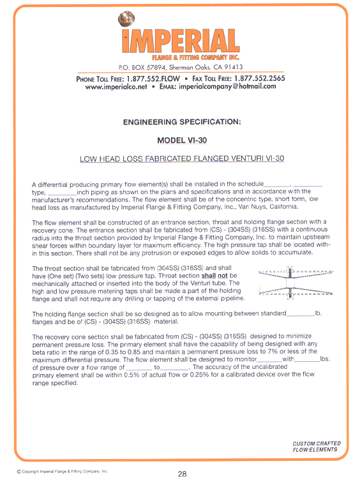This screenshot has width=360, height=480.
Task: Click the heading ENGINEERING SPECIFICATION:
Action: [181, 121]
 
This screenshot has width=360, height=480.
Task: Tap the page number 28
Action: [182, 473]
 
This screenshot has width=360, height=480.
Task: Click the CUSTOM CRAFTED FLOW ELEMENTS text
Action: [316, 446]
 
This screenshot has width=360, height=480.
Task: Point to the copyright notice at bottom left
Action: [63, 471]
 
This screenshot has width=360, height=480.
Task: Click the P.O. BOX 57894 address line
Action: [181, 67]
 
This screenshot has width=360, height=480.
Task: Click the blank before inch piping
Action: [61, 192]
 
